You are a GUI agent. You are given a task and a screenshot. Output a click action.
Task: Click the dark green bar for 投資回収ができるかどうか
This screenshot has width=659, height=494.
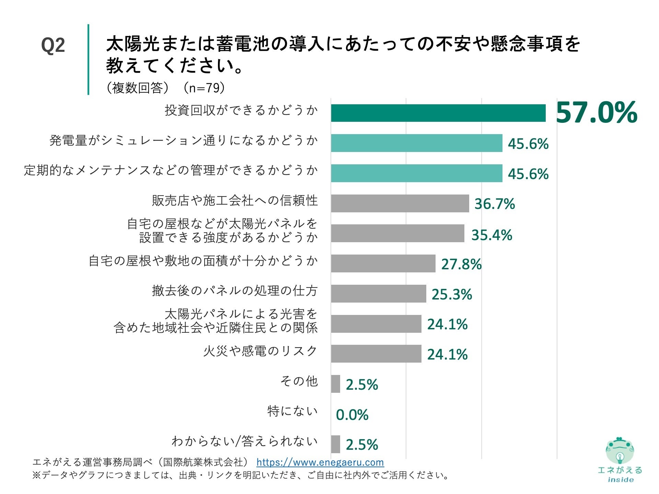click(438, 113)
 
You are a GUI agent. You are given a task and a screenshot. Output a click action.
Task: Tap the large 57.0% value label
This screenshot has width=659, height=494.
click(597, 113)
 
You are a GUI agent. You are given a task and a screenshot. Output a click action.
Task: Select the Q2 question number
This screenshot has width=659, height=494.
click(53, 45)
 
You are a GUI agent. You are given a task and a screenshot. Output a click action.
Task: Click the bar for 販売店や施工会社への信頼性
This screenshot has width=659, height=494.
click(400, 203)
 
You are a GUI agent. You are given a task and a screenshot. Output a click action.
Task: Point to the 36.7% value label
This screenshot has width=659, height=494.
click(495, 204)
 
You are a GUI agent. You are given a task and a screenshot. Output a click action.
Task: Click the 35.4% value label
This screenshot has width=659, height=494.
click(492, 235)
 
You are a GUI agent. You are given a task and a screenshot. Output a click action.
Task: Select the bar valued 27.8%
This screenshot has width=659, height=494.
click(383, 263)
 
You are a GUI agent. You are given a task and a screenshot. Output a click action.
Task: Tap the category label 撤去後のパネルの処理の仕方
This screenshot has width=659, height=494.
click(235, 291)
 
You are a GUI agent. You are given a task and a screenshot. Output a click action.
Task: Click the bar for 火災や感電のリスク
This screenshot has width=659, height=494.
click(376, 354)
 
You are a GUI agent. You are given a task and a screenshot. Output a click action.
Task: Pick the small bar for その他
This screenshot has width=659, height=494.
click(335, 384)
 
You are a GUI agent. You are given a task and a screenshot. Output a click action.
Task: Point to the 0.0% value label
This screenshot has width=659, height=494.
click(352, 415)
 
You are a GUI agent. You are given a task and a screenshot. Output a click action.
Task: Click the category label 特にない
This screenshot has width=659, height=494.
click(292, 411)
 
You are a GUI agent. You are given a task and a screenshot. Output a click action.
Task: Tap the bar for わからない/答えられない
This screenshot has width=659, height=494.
click(335, 444)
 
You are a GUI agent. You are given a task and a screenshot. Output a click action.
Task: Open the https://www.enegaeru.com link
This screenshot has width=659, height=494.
click(320, 462)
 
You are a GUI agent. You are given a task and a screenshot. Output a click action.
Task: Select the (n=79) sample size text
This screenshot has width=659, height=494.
click(204, 88)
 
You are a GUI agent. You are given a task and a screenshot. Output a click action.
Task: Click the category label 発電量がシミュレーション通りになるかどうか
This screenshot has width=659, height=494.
click(184, 140)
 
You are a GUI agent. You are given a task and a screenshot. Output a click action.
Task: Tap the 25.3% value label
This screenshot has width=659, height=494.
click(452, 294)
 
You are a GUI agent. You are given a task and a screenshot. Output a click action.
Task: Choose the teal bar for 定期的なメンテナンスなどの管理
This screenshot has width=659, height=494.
click(416, 173)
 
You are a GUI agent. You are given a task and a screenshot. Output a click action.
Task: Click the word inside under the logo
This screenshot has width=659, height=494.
click(621, 480)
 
